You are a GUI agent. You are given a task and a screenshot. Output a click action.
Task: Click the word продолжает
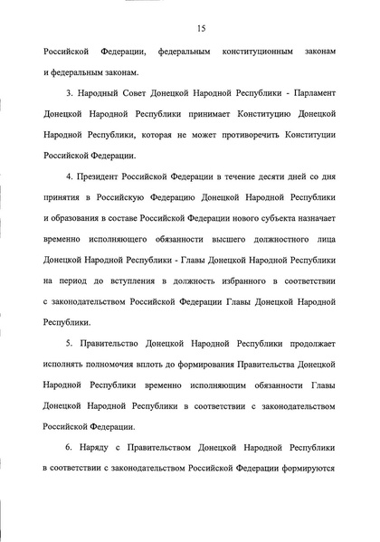(x=312, y=372)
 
